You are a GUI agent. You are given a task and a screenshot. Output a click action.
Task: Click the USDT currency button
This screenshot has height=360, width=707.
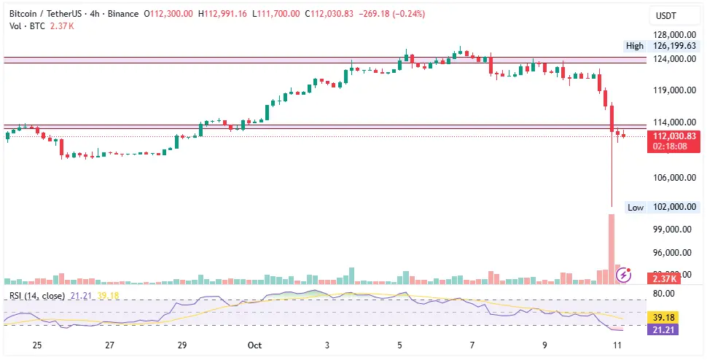666,15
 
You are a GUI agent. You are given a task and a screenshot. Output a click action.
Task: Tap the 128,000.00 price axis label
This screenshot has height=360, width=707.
671,34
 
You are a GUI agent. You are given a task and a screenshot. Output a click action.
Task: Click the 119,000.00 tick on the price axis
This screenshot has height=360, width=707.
671,91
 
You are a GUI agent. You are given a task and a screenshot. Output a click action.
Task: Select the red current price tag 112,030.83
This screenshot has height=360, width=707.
674,136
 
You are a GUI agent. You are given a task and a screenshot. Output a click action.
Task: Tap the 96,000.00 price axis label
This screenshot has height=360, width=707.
671,253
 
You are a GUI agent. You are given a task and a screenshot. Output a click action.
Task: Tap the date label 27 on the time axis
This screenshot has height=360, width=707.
109,344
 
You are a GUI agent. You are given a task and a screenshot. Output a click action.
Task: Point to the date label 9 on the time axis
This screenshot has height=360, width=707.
544,344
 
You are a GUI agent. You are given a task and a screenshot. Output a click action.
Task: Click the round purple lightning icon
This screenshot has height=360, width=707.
624,274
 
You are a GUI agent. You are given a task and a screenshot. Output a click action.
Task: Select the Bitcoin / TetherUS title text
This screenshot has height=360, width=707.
44,14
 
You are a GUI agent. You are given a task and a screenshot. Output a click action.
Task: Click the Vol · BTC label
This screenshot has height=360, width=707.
25,26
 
